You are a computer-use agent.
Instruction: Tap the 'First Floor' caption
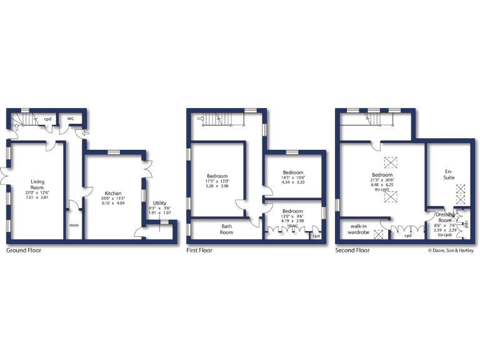199,250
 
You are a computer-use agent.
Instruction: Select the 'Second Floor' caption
352,250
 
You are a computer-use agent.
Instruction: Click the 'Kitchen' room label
112,193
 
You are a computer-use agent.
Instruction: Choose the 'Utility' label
159,203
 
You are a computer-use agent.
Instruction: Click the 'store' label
74,225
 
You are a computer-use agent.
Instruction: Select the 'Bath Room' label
226,229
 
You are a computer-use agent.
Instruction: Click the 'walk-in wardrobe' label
358,229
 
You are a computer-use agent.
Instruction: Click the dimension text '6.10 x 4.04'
112,203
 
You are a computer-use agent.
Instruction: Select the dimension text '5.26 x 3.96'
217,186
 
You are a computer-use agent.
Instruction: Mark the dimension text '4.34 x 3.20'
292,182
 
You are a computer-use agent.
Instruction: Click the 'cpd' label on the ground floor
47,119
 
